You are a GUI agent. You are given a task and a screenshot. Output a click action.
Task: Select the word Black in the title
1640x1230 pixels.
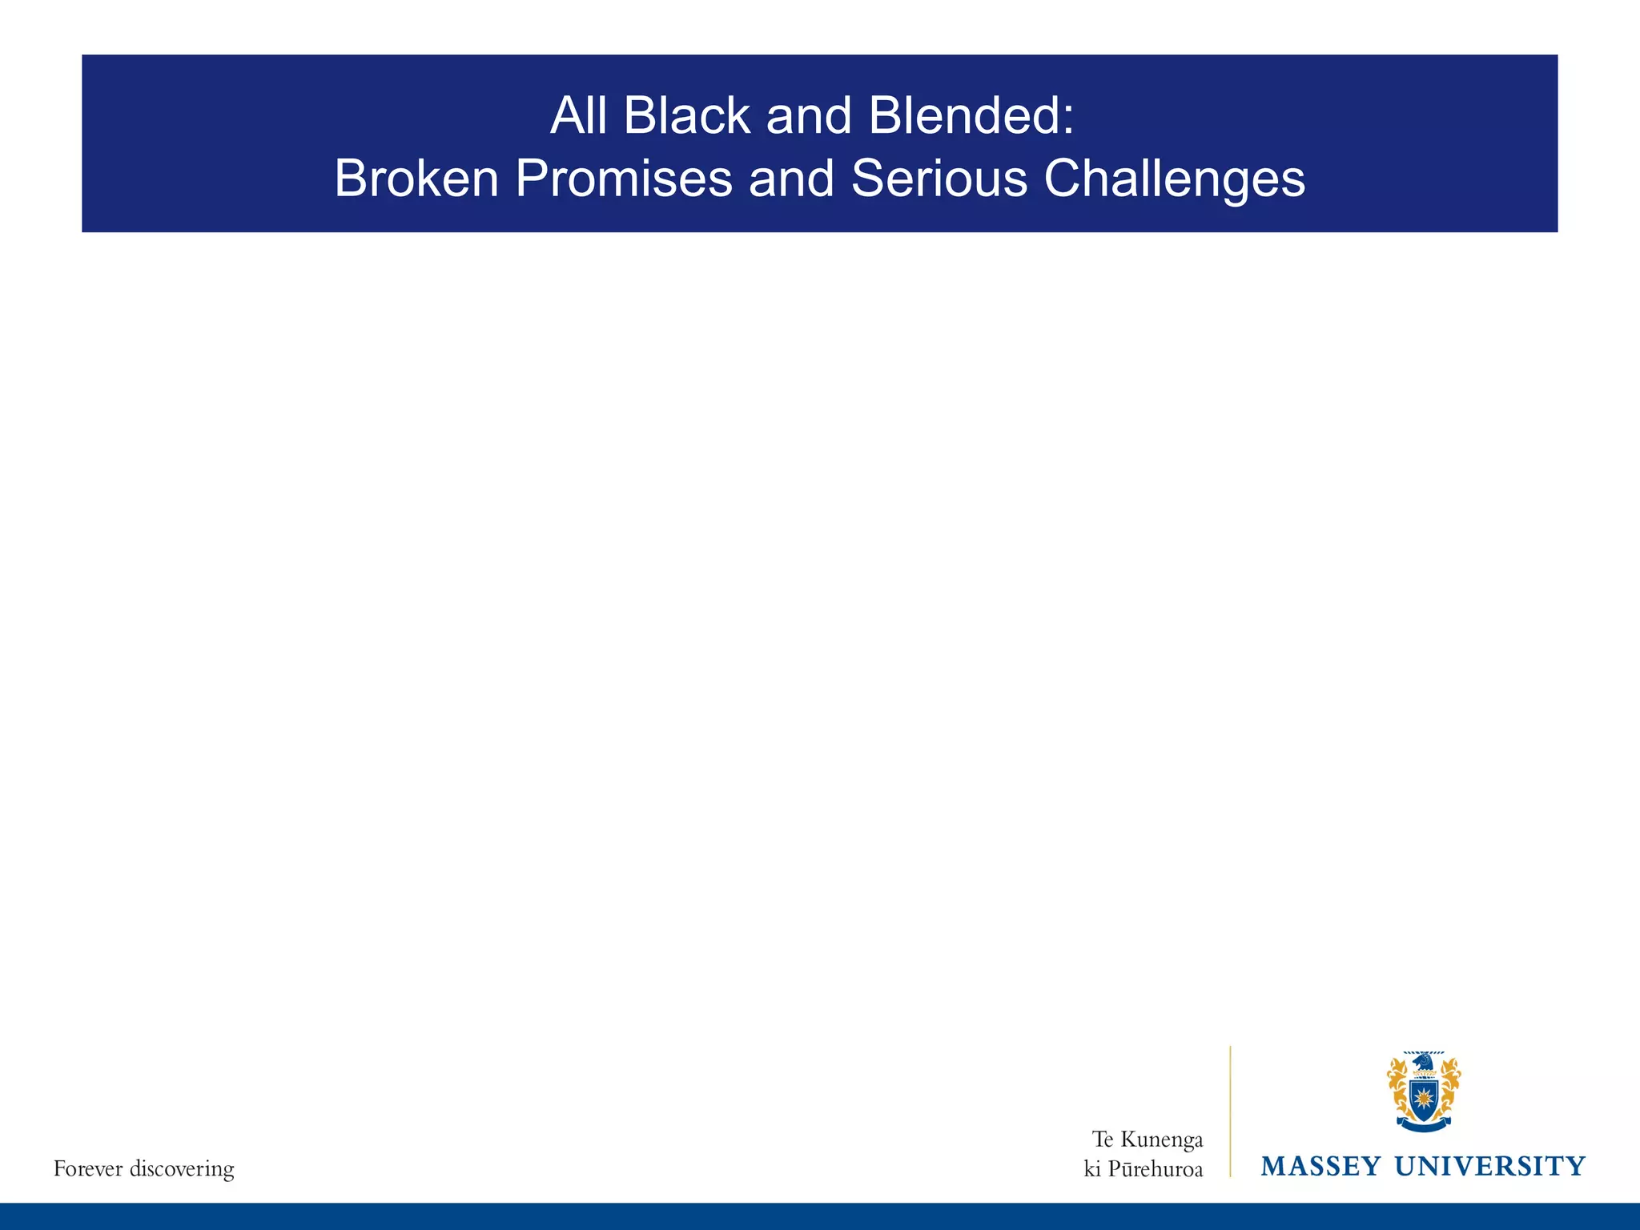686,116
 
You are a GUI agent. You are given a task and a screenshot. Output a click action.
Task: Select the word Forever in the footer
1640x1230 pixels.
88,1169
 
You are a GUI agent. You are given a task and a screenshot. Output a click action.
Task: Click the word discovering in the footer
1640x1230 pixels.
182,1169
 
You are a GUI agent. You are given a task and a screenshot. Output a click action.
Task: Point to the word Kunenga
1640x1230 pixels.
1161,1139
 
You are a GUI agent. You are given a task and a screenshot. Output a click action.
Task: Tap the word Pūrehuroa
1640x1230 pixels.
1156,1169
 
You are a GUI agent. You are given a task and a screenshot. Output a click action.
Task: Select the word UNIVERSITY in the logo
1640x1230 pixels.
1489,1166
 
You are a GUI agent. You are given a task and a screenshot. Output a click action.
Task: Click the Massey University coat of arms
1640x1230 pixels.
1423,1091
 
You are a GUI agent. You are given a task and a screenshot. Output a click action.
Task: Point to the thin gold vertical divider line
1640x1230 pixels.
1230,1113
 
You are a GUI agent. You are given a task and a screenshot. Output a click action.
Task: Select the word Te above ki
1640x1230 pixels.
1103,1139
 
